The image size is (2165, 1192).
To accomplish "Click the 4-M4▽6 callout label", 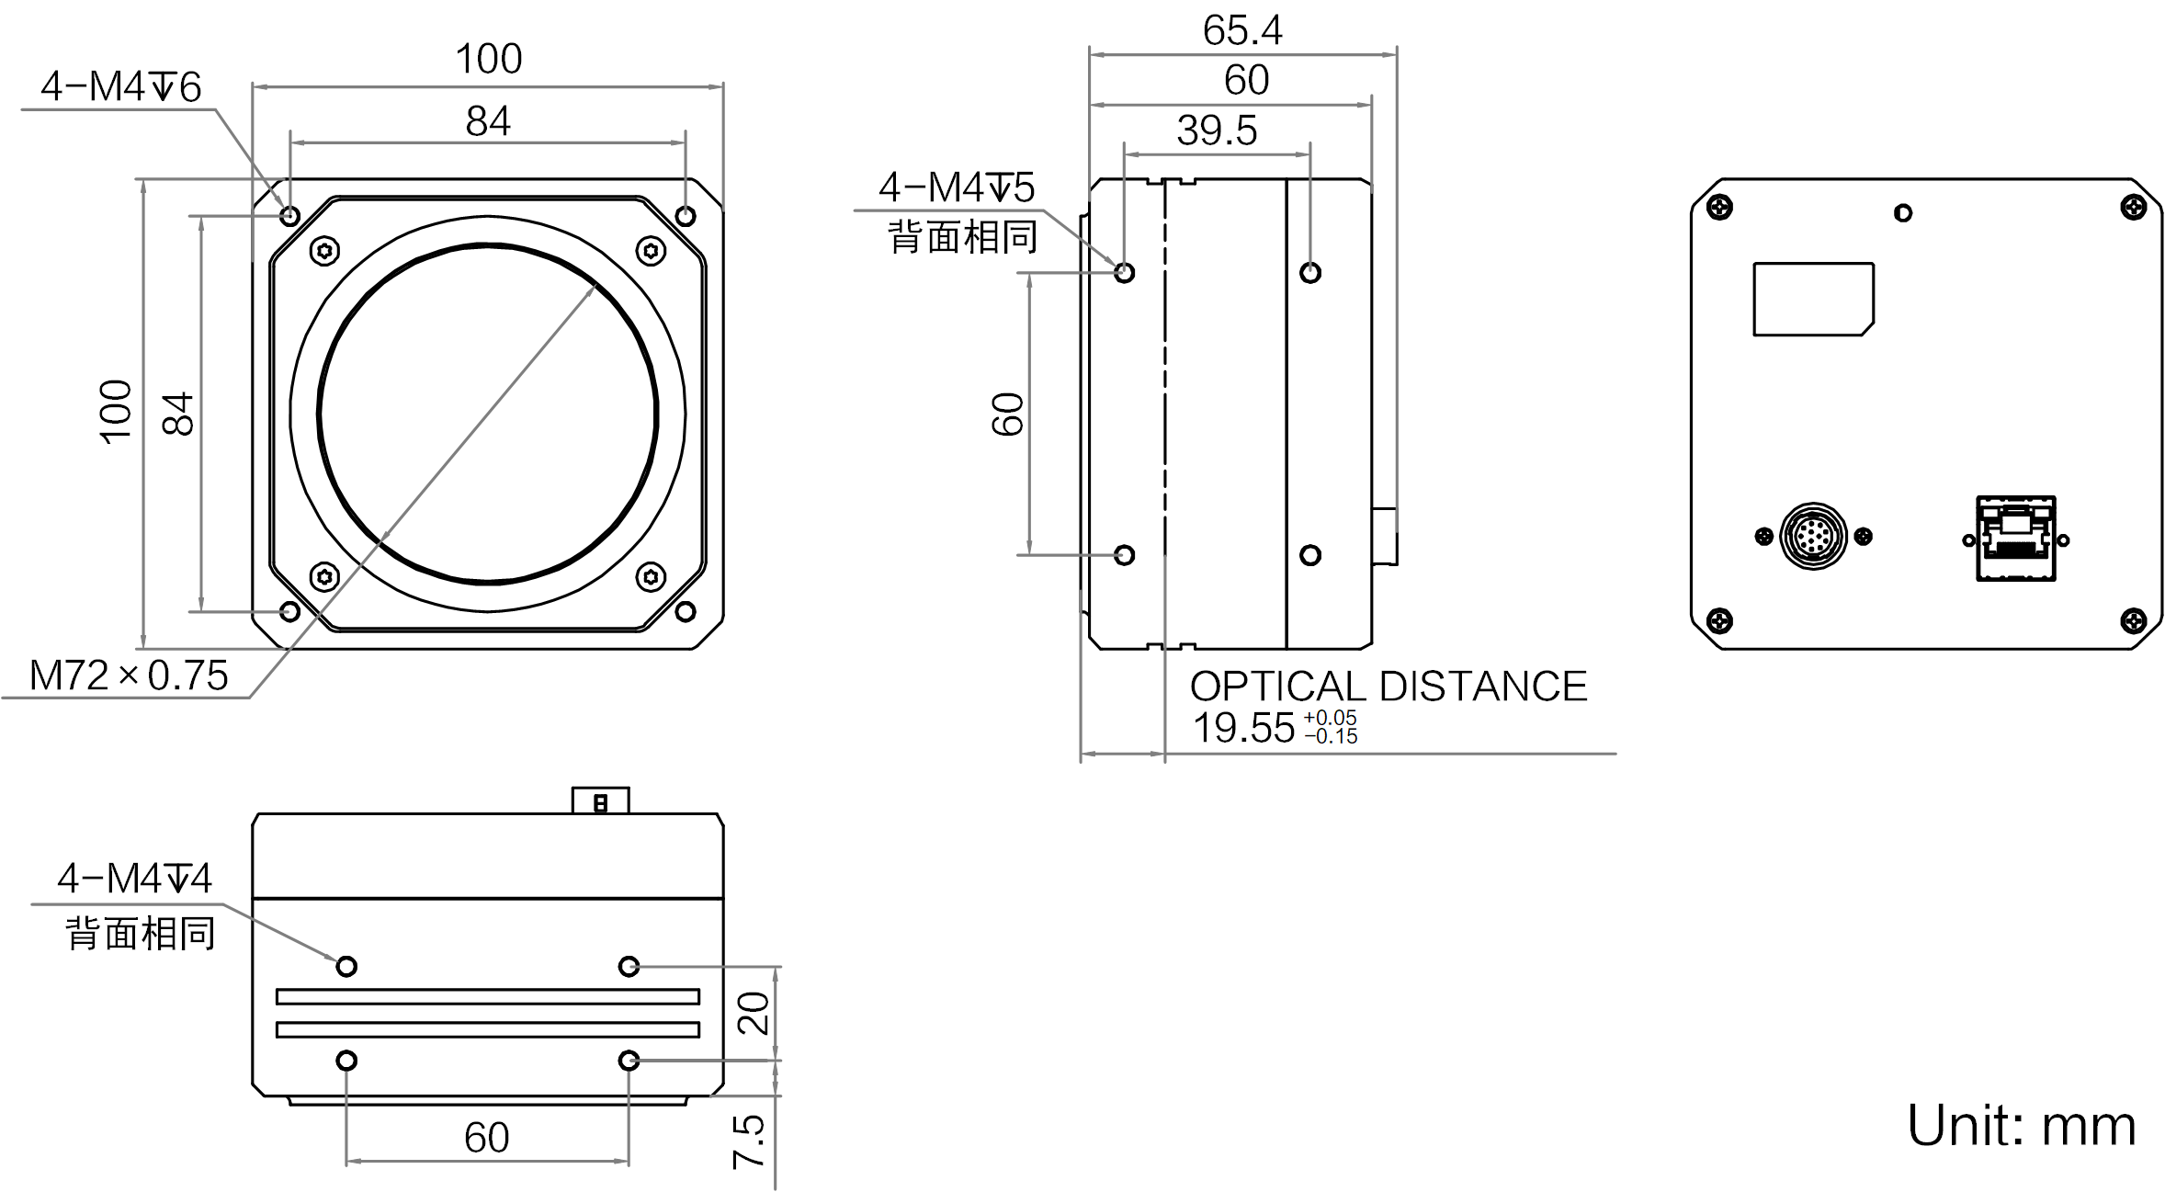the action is point(120,87).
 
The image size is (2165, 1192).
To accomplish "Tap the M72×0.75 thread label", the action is point(129,675).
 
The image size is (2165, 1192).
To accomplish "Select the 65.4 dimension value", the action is point(1241,30).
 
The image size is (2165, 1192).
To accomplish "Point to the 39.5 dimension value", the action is point(1217,131).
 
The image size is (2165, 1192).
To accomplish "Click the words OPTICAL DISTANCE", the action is point(1388,687).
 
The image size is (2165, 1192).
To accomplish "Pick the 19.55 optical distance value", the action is point(1243,728).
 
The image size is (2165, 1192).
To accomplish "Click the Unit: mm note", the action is point(2021,1125).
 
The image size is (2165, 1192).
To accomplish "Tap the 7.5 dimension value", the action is point(749,1141).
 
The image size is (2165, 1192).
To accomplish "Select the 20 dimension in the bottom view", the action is point(754,1013).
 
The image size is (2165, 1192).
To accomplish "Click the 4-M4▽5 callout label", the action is point(957,187).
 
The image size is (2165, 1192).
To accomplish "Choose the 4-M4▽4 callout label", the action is point(134,879).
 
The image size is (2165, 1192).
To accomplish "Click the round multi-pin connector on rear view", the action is point(1812,536).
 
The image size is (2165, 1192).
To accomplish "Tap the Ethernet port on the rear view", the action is point(2015,539).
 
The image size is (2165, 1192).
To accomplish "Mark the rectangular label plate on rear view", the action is point(1812,300).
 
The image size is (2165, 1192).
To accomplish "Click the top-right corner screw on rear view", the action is point(2133,208).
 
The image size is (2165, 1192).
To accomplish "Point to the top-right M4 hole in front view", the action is point(685,216).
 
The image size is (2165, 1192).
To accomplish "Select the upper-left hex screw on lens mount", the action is point(324,250).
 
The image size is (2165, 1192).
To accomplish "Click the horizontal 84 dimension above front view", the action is point(487,121).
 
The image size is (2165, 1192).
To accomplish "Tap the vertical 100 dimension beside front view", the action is point(116,412).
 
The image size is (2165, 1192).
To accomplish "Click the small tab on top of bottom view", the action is point(600,800).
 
